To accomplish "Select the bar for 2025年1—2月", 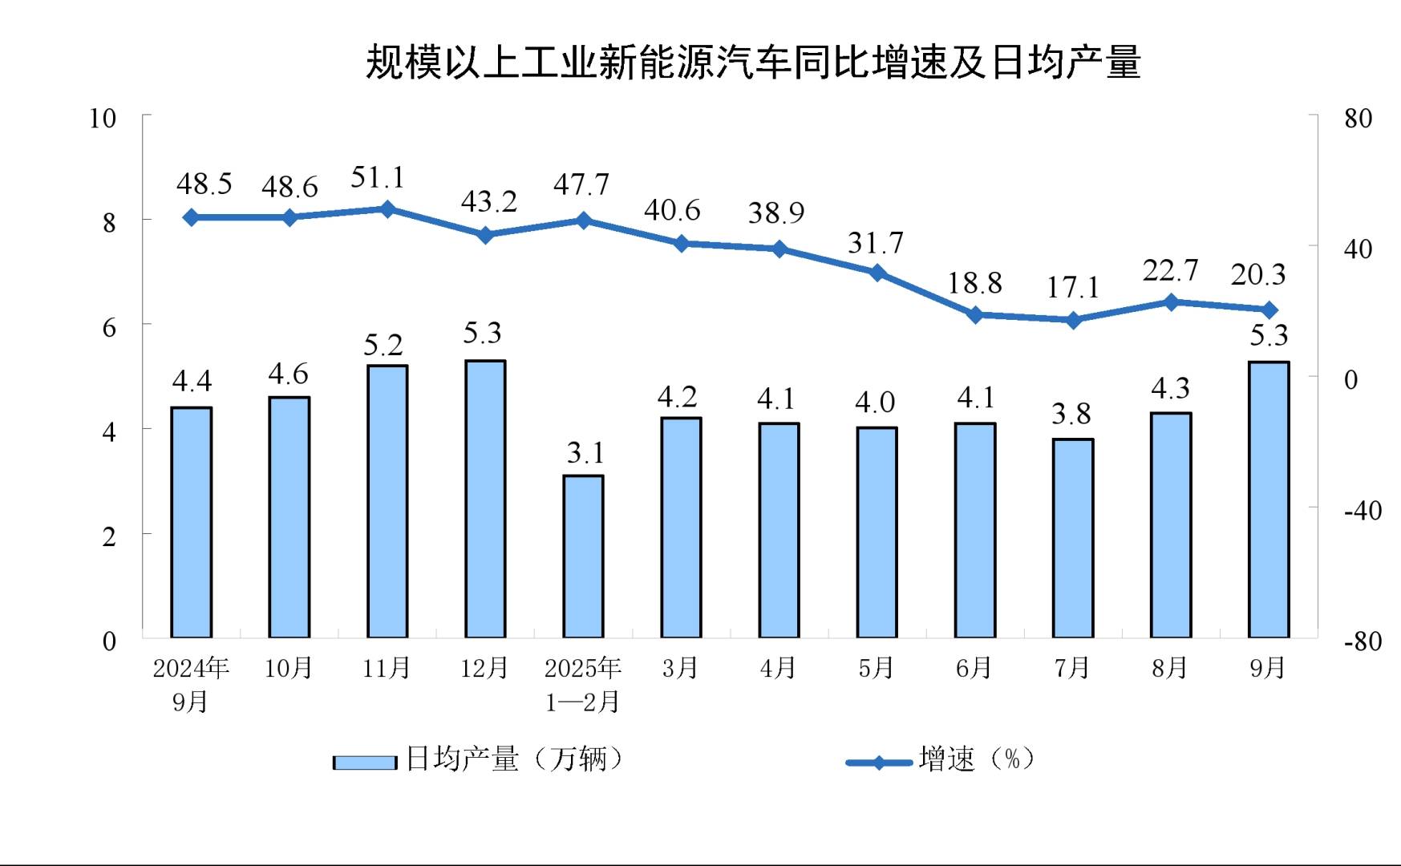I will pyautogui.click(x=583, y=556).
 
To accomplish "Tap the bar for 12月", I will pyautogui.click(x=485, y=499).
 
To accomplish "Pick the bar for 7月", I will pyautogui.click(x=1073, y=538).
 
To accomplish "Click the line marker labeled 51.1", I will pyautogui.click(x=387, y=209).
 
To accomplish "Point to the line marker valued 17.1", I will pyautogui.click(x=1073, y=320).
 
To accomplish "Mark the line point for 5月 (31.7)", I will pyautogui.click(x=877, y=273).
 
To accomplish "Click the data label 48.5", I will pyautogui.click(x=204, y=184).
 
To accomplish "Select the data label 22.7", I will pyautogui.click(x=1170, y=271).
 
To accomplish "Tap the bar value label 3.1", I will pyautogui.click(x=585, y=453).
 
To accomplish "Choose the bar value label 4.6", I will pyautogui.click(x=288, y=374).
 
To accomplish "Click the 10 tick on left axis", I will pyautogui.click(x=103, y=119).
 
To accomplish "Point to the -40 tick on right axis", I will pyautogui.click(x=1363, y=510).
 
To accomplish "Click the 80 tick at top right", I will pyautogui.click(x=1358, y=119).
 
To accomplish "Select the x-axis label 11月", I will pyautogui.click(x=386, y=668).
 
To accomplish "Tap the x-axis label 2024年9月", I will pyautogui.click(x=191, y=684).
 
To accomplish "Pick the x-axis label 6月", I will pyautogui.click(x=974, y=668).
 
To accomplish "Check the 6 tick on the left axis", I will pyautogui.click(x=109, y=327).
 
